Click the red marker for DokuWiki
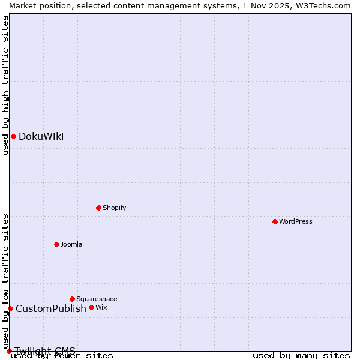click(13, 136)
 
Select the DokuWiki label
click(41, 137)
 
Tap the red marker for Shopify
click(98, 208)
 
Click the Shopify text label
click(114, 208)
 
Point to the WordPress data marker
click(275, 221)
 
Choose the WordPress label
click(295, 222)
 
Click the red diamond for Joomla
click(56, 244)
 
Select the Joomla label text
click(71, 245)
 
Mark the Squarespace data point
click(72, 299)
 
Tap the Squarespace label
click(97, 299)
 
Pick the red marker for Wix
click(91, 307)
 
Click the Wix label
click(101, 308)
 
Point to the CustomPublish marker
click(10, 308)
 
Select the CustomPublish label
click(51, 309)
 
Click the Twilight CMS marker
click(9, 351)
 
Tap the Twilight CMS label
click(45, 351)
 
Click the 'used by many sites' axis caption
click(301, 356)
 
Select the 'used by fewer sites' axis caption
click(62, 356)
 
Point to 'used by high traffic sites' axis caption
click(5, 85)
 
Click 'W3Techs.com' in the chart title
click(323, 5)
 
